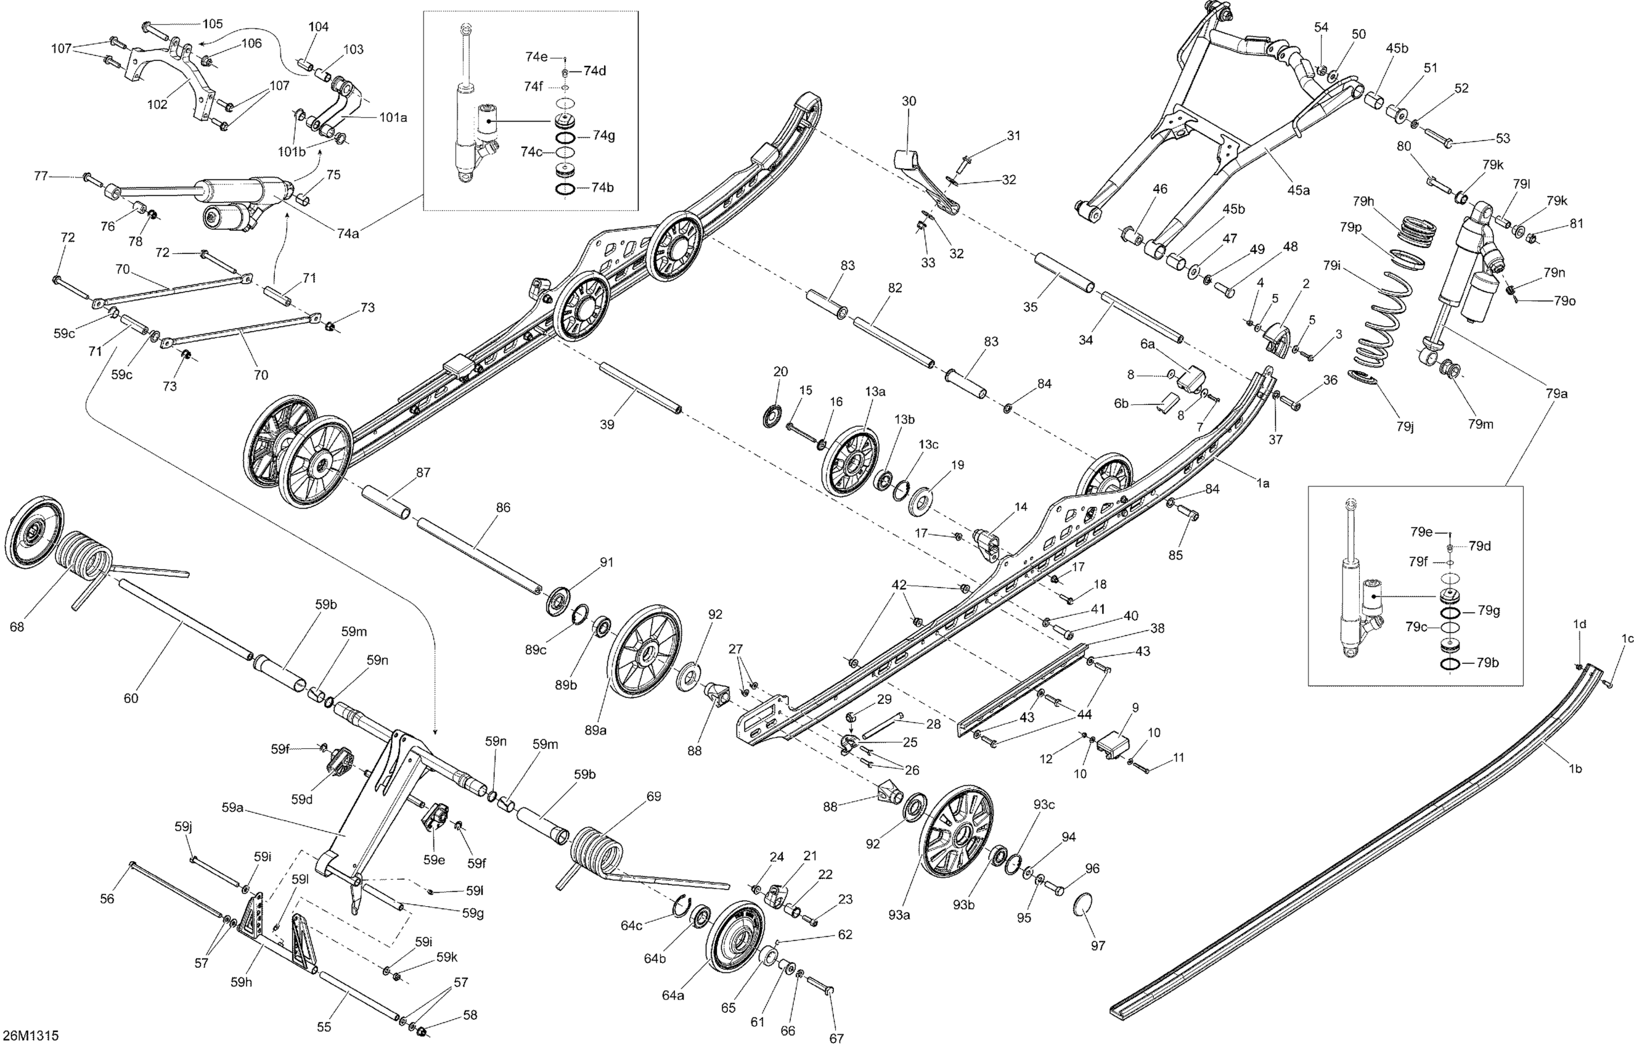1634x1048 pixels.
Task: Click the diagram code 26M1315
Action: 30,1035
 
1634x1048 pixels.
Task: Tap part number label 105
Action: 212,24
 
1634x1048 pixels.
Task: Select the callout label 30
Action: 909,101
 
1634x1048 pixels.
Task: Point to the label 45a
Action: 1297,190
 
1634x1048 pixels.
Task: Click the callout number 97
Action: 1098,944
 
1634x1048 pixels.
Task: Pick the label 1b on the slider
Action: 1575,769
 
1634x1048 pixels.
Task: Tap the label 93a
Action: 899,915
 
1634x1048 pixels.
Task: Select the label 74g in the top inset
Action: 603,136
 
